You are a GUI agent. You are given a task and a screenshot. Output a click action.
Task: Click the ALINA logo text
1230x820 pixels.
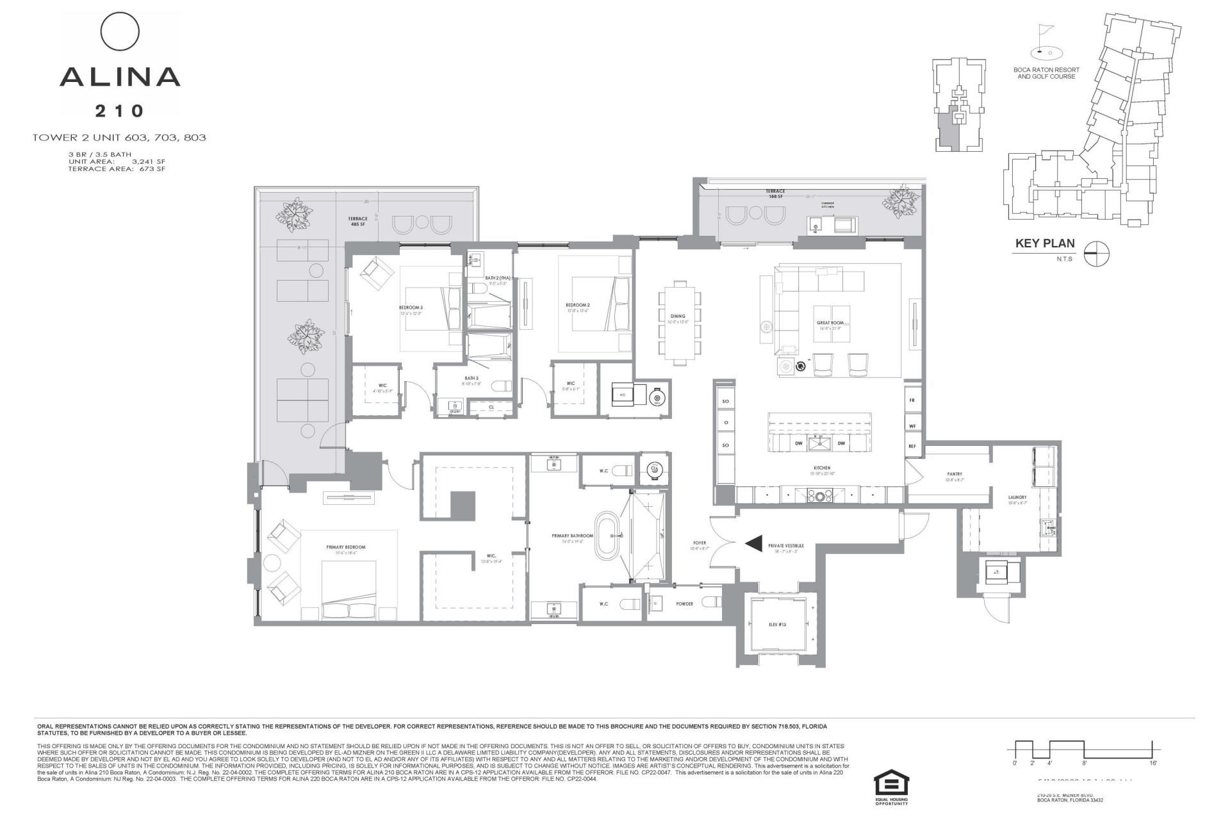[120, 77]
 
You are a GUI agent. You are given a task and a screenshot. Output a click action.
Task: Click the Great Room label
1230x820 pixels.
[830, 323]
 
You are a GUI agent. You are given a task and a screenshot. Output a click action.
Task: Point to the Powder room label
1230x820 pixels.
[684, 603]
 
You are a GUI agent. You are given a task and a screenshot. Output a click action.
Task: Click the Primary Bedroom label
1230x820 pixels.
[346, 547]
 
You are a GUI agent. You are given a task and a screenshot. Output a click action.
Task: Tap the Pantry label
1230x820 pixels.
[955, 475]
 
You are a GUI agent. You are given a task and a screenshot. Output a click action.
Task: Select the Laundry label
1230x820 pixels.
[1017, 497]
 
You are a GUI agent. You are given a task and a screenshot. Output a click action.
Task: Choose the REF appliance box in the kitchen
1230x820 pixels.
[912, 446]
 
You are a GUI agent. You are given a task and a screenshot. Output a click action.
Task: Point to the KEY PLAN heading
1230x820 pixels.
[1045, 243]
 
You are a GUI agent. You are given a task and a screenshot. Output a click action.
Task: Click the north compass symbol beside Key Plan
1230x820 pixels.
[1097, 254]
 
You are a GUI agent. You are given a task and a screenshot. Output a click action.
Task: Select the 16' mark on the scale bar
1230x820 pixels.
[1152, 764]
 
